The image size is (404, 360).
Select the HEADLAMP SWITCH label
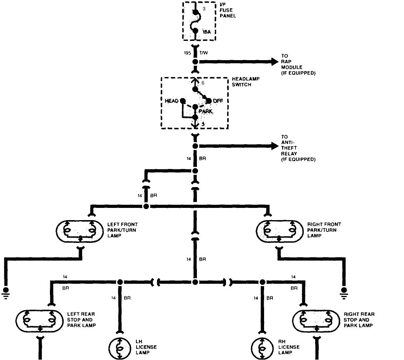point(246,81)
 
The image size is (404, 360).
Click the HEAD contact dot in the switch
point(183,101)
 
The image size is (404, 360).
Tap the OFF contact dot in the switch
point(209,101)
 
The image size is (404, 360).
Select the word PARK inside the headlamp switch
point(206,112)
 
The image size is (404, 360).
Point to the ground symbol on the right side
point(344,292)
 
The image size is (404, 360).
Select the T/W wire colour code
point(204,53)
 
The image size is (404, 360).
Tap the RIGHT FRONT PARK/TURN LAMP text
point(324,230)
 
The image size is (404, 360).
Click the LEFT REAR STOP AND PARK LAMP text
point(81,320)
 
